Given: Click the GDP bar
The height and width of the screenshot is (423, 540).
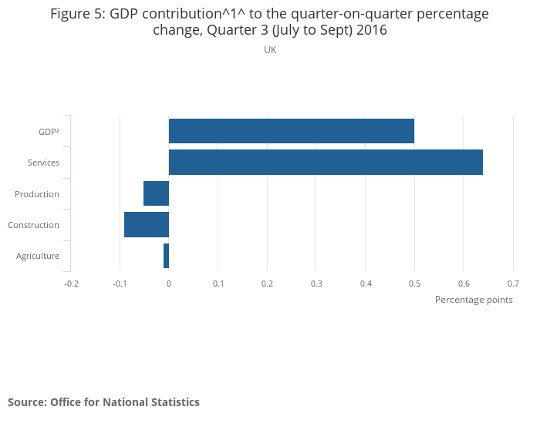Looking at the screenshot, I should pos(292,131).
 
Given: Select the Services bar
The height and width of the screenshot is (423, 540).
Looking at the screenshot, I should pos(326,163).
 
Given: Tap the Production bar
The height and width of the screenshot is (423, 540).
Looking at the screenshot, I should pos(156,193).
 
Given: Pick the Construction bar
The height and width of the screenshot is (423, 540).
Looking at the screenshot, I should pos(147,224).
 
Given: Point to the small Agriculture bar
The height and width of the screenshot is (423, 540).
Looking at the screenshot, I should pos(166,256).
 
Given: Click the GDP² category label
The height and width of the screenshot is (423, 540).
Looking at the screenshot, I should pos(49,132).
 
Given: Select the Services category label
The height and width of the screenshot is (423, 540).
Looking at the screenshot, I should pos(43,163).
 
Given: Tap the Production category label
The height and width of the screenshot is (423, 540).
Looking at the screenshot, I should pos(37,194).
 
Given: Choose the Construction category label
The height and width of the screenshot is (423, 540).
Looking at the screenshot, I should pos(33,225).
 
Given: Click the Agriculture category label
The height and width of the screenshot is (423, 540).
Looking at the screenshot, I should pos(38,256).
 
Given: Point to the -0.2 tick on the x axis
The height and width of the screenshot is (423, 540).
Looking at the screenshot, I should pos(71,284).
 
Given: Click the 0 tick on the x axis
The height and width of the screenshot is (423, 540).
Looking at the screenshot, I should pos(169,284).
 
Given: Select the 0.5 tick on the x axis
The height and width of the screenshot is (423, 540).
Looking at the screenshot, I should pos(414,284).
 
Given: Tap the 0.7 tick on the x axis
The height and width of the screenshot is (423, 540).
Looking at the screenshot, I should pos(513,284).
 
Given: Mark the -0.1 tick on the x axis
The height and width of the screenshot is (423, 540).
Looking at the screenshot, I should pos(120,284).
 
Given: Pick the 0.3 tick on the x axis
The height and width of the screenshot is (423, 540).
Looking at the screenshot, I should pos(316,284).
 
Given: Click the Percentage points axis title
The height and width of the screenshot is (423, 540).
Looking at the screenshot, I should pos(474,300).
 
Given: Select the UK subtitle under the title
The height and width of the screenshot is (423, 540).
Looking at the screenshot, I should pos(270,50).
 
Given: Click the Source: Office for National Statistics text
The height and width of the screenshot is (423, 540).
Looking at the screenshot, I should pos(103,402).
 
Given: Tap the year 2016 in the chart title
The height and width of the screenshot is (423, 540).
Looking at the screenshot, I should pos(370,31).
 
